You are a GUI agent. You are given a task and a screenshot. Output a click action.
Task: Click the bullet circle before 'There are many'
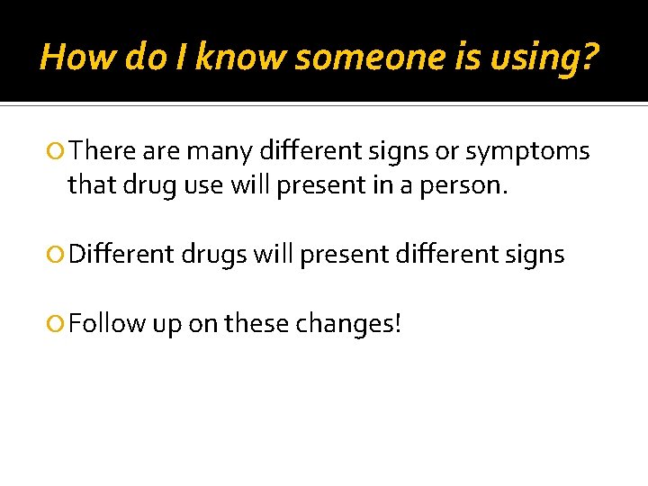(58, 151)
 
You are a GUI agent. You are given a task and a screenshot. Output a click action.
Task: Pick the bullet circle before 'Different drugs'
(58, 255)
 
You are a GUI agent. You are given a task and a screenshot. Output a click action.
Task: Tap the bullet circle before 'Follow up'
(58, 323)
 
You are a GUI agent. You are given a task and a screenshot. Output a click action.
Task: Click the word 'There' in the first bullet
(99, 150)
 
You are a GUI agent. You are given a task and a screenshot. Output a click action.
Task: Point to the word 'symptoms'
(527, 152)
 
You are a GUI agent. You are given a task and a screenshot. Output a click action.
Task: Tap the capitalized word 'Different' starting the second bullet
(121, 255)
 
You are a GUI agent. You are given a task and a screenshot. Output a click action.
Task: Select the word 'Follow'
(106, 323)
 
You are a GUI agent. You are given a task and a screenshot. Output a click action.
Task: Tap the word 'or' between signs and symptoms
(446, 151)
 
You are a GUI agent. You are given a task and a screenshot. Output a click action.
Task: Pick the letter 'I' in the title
(181, 58)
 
